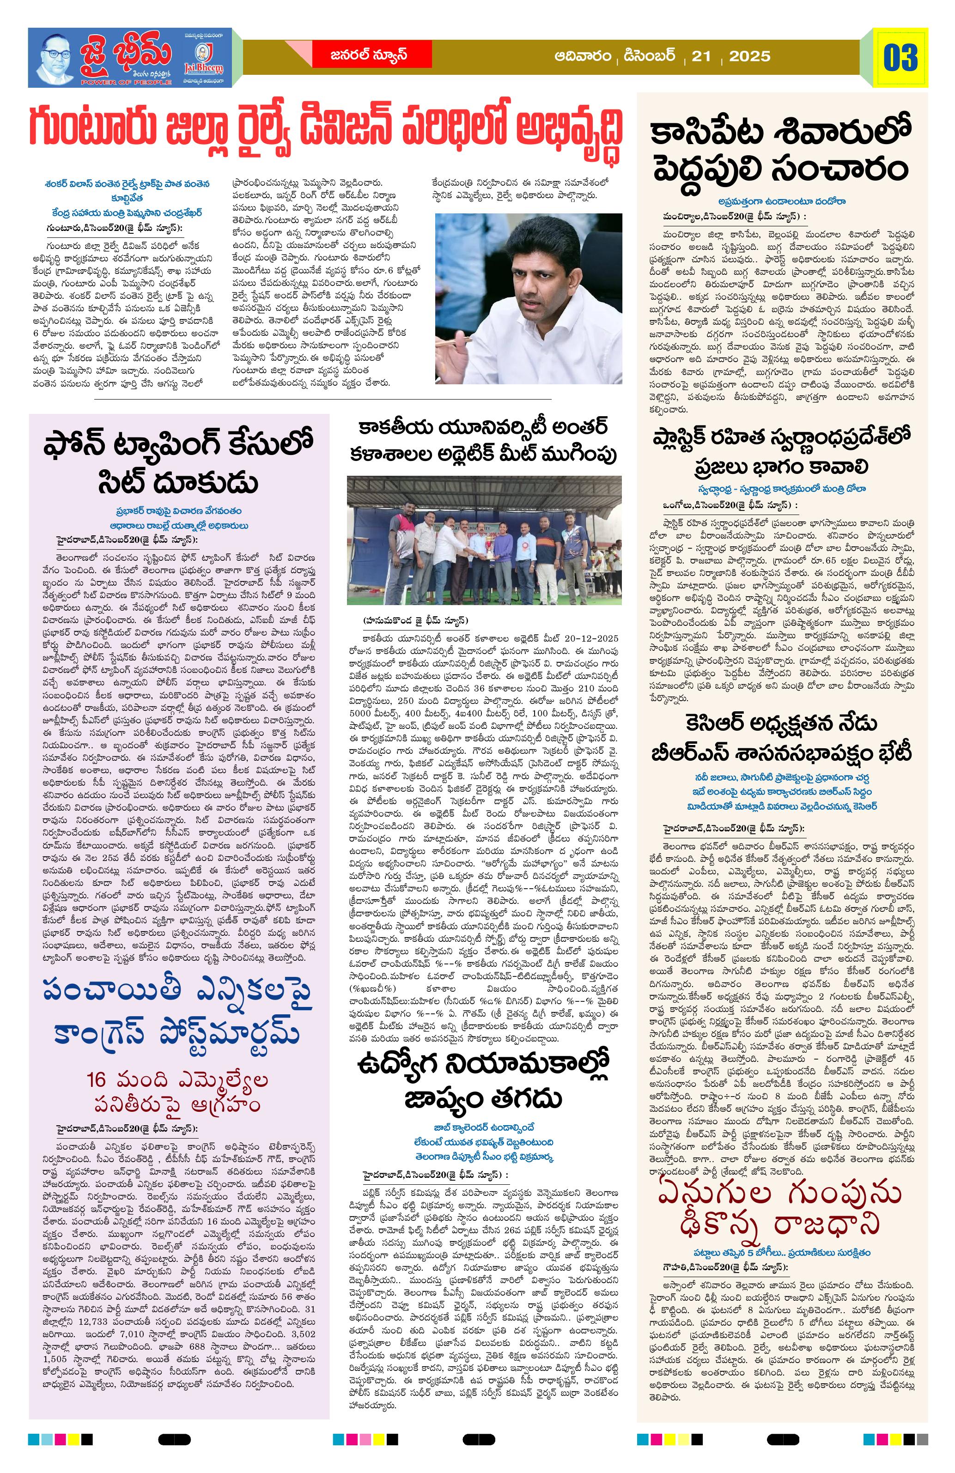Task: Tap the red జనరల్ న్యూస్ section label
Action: point(368,55)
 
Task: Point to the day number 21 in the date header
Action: point(701,56)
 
